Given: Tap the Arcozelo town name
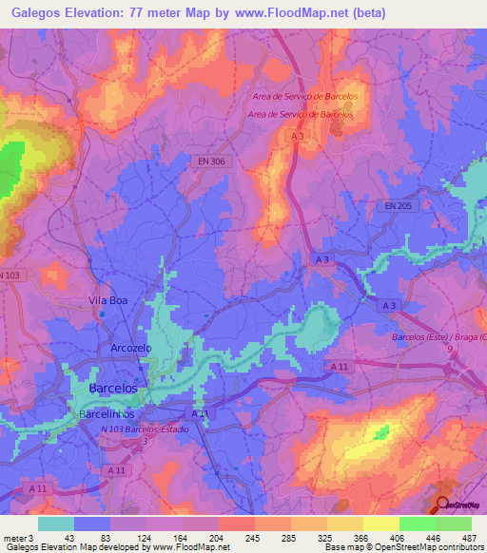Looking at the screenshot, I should click(131, 348).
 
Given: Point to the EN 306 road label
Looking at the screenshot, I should click(212, 162).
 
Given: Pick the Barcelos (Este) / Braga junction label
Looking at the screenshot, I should click(439, 337).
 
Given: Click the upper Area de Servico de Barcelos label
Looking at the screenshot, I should click(304, 97).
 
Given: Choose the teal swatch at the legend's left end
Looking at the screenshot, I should click(55, 524).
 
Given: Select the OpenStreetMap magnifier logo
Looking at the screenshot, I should click(444, 505).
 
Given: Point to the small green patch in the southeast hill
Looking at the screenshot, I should click(381, 433).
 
